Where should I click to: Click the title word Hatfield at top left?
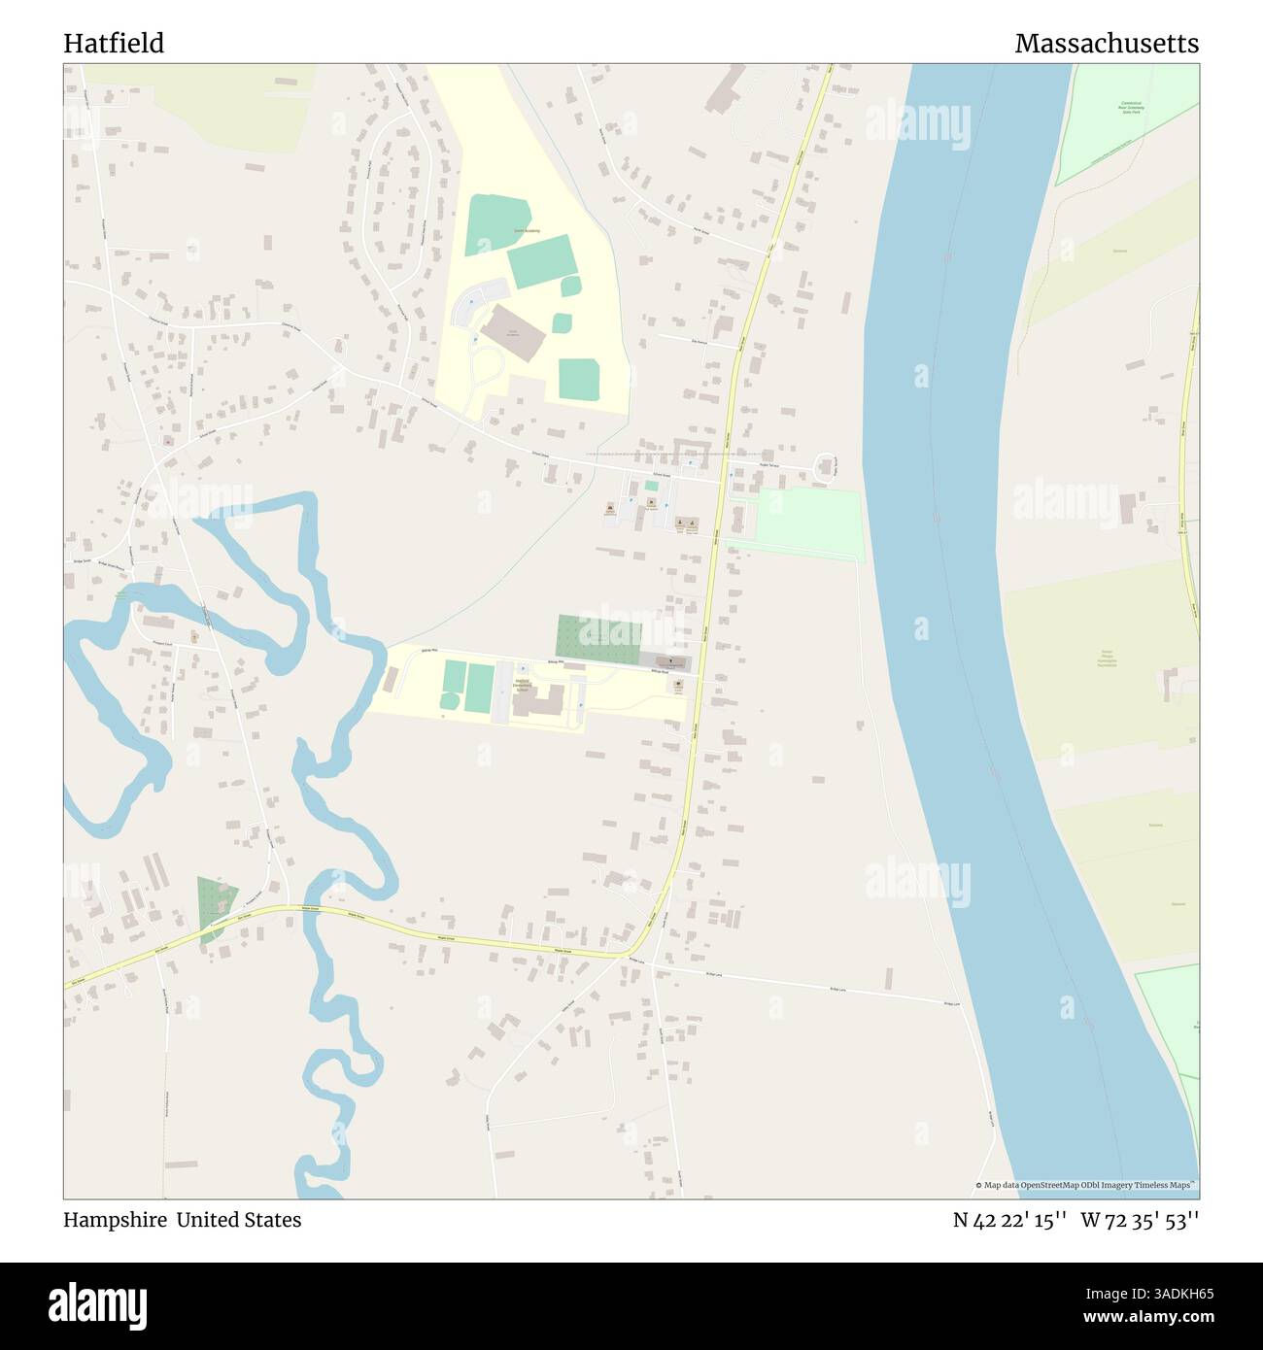[114, 44]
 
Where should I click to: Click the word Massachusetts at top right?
[1106, 44]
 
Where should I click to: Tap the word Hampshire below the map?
[115, 1220]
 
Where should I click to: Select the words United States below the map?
[238, 1220]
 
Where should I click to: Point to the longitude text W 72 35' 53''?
[1140, 1220]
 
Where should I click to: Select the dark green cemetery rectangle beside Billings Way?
[597, 636]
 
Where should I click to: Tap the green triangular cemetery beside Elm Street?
[214, 906]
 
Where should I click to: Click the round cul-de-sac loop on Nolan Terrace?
[827, 467]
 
